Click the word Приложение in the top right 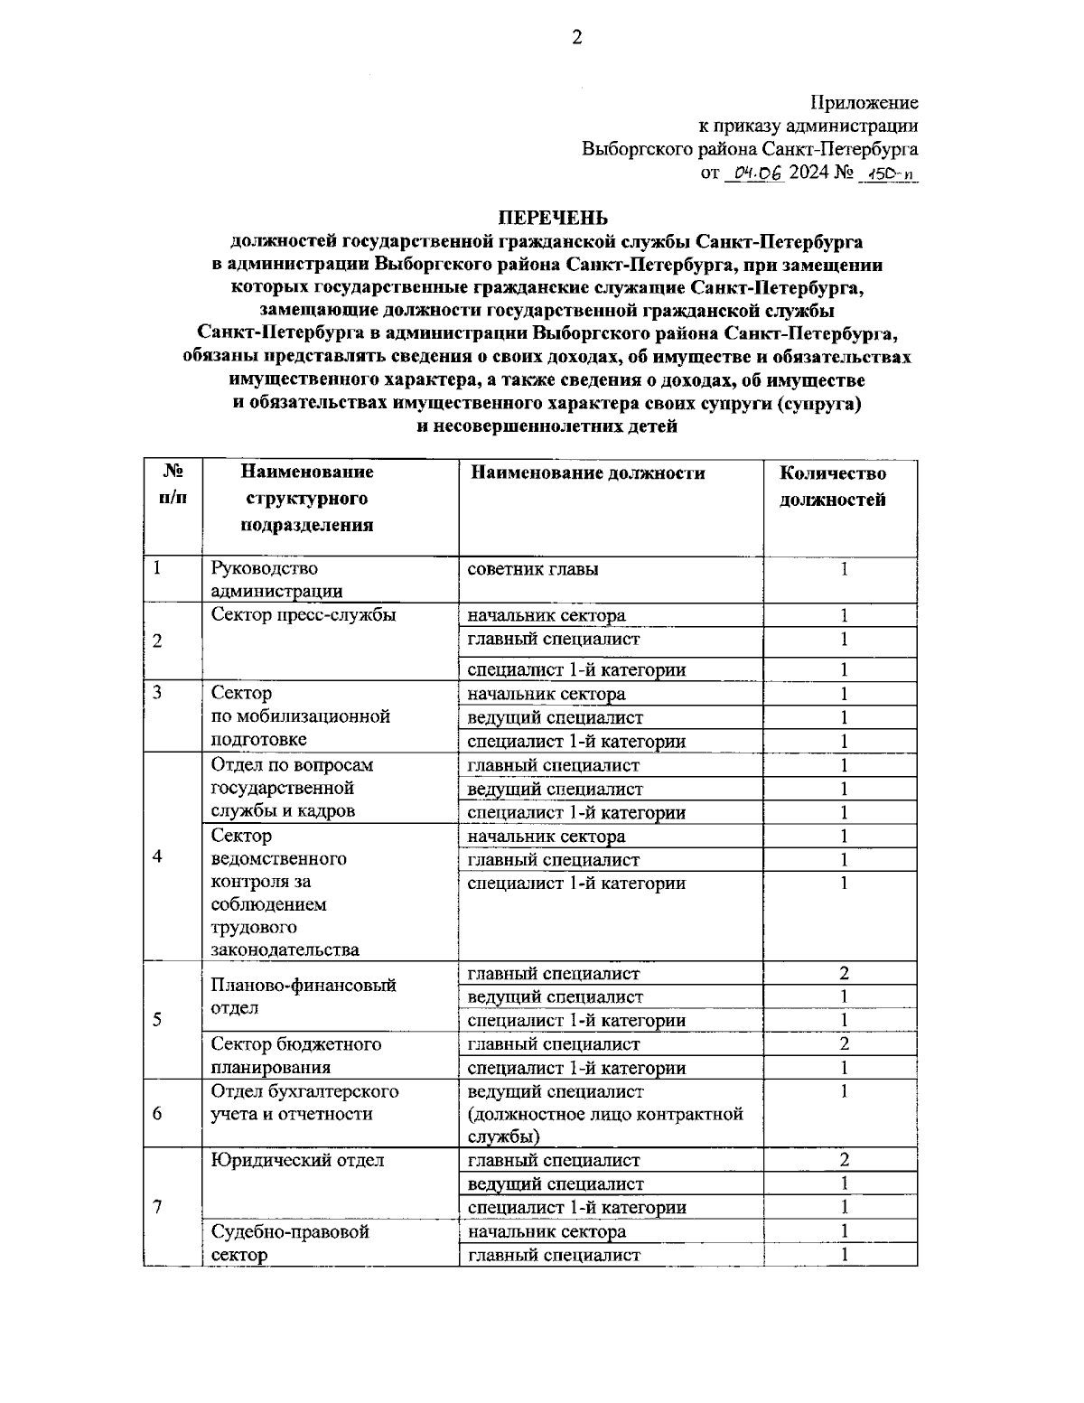[x=864, y=103]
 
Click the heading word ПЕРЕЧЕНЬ [x=554, y=218]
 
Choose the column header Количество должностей [x=832, y=486]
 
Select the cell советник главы [x=532, y=569]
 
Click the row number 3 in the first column [x=157, y=694]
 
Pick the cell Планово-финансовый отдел [x=304, y=996]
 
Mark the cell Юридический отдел [x=297, y=1160]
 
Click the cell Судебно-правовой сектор [x=289, y=1242]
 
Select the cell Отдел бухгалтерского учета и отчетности [x=304, y=1102]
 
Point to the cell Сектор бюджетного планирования [x=295, y=1055]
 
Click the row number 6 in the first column [x=157, y=1113]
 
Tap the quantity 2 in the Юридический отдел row [x=844, y=1160]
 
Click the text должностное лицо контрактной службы [x=605, y=1125]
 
